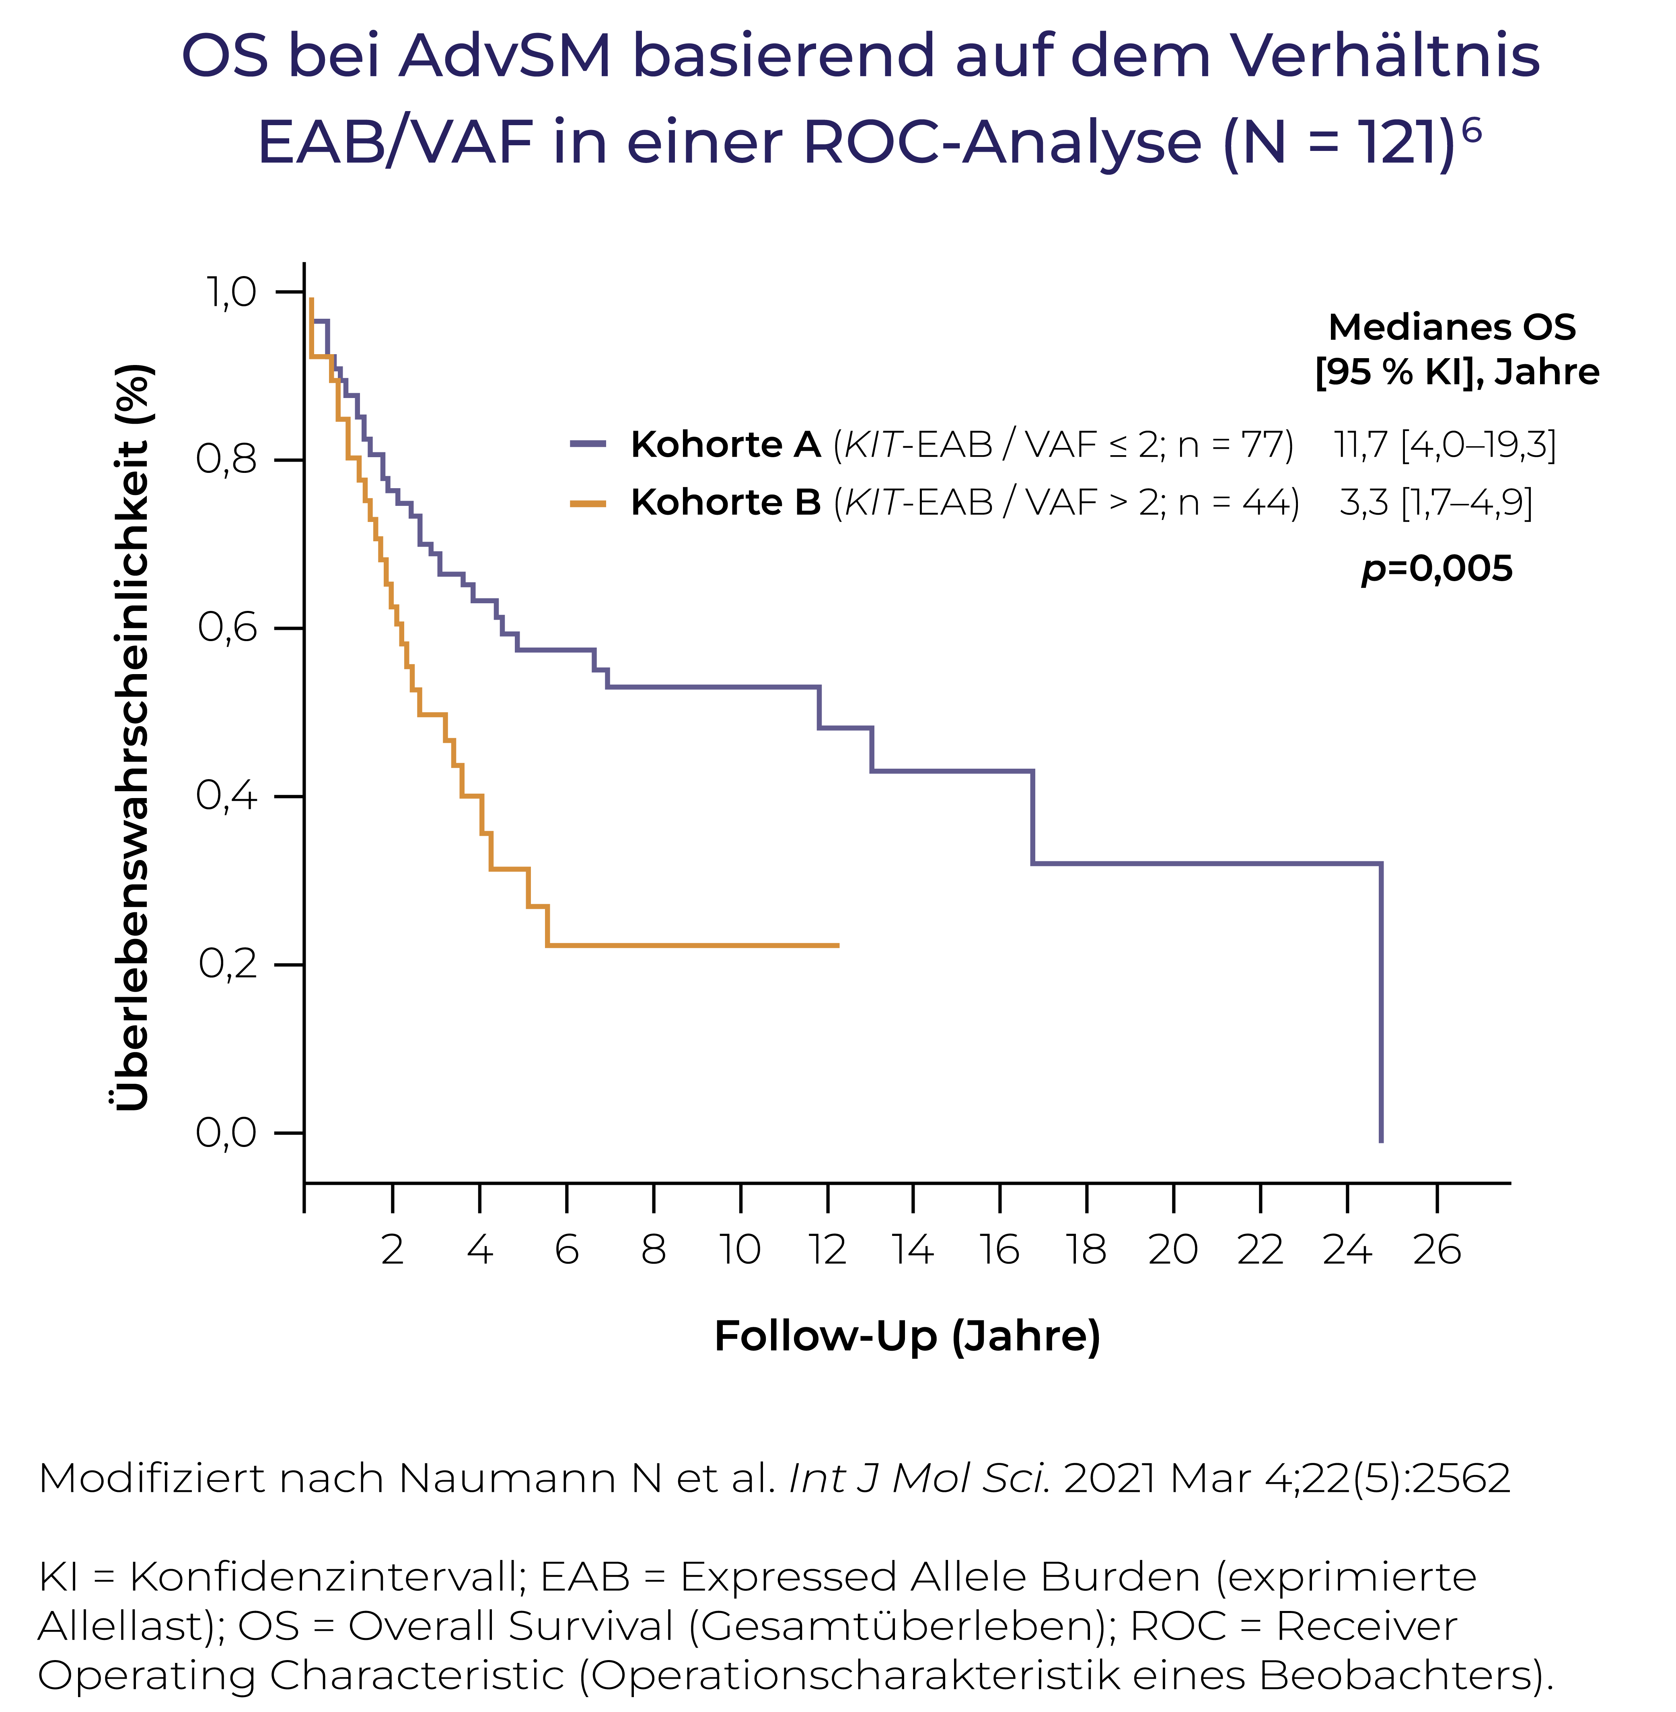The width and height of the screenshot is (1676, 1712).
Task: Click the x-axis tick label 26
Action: [x=1437, y=1250]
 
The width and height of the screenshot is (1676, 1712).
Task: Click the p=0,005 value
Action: [x=1437, y=569]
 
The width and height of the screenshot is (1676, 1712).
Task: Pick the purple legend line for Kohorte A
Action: [x=588, y=444]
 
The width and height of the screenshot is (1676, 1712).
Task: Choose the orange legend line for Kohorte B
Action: [x=588, y=503]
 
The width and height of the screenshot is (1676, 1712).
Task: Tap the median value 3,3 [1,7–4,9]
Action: [x=1436, y=503]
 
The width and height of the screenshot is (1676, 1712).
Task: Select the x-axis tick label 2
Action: [x=393, y=1250]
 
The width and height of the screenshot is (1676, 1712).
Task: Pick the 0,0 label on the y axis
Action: [x=226, y=1132]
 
